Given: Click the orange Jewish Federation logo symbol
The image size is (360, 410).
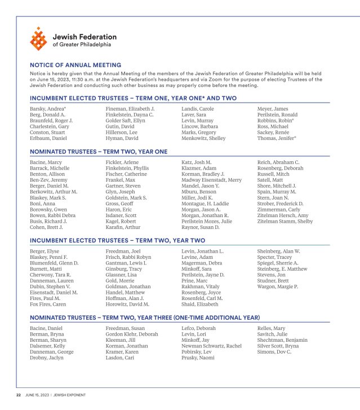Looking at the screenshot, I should point(39,39).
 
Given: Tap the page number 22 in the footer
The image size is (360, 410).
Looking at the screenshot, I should point(18,395).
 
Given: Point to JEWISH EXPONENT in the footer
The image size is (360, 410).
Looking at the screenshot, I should point(70,395).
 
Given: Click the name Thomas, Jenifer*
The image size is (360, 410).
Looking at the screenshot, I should point(277,138).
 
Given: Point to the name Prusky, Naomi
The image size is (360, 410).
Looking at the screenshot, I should point(198,358).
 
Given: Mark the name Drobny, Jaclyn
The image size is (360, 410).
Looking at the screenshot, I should point(46,358).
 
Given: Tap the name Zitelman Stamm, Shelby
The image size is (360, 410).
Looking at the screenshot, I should point(285,222).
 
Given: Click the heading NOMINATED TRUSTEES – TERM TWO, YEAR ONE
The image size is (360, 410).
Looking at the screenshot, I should point(99,152).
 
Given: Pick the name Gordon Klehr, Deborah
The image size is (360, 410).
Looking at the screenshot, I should point(132,334).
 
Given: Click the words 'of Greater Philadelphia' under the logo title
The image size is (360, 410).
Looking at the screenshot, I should point(82,44).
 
